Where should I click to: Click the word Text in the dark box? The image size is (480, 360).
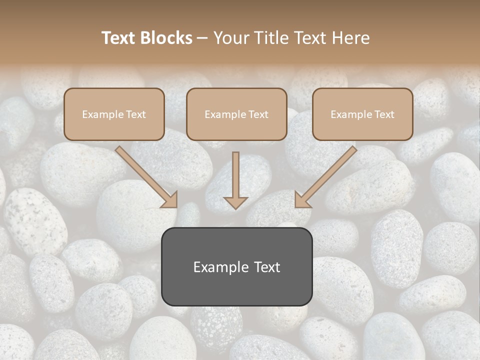pos(266,267)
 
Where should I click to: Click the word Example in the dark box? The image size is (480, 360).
pos(221,267)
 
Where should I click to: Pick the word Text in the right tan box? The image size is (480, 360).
pos(384,114)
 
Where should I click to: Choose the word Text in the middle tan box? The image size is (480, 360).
pos(258,114)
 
